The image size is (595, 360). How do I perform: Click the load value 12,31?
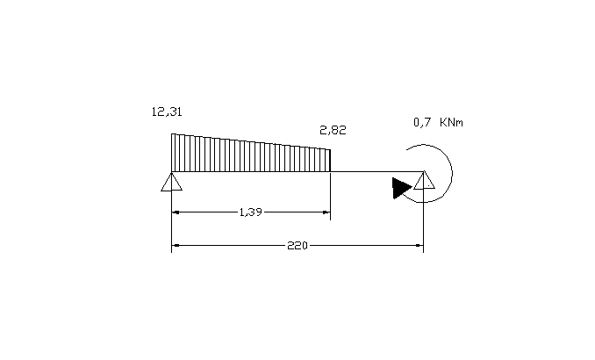click(167, 112)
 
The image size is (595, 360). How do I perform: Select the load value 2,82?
click(333, 130)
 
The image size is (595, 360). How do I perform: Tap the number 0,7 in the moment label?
click(422, 122)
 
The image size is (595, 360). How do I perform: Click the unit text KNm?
click(451, 122)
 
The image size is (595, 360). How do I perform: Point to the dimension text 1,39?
click(251, 212)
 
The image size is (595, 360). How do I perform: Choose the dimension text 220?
click(297, 245)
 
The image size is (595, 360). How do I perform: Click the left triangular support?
click(171, 182)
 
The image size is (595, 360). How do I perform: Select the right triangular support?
click(424, 180)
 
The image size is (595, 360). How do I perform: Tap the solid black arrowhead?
click(402, 188)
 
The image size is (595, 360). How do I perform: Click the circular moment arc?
click(452, 173)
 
